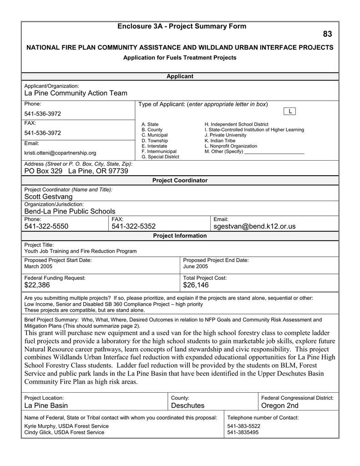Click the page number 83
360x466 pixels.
[327, 35]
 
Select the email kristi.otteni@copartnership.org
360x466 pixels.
[60, 153]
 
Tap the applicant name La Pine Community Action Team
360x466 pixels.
[76, 93]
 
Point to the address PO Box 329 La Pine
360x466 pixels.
[76, 171]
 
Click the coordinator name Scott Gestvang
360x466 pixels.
[48, 197]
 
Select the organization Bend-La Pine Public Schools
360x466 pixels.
[70, 211]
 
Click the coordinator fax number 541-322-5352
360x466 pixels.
[133, 227]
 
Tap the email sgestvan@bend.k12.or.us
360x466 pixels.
[254, 227]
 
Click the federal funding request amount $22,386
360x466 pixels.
[37, 285]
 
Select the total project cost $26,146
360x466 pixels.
[196, 285]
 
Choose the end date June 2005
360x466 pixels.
[195, 266]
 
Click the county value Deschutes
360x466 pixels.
[188, 405]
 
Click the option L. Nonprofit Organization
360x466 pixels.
[231, 146]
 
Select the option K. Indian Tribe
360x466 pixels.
[220, 141]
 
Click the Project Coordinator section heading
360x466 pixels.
[180, 181]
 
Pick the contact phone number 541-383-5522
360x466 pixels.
[243, 426]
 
